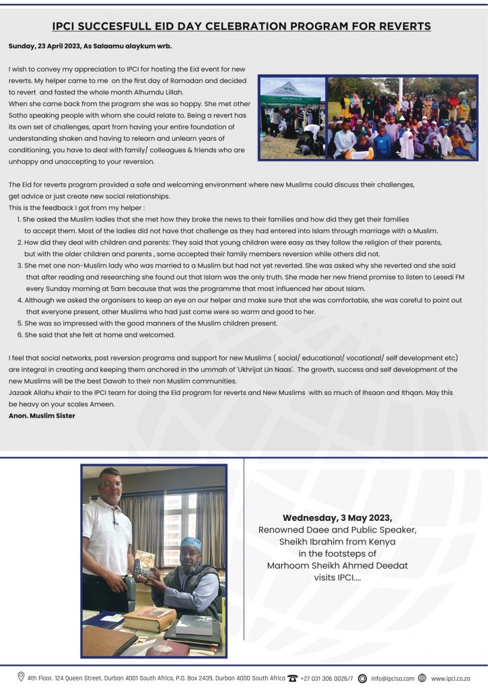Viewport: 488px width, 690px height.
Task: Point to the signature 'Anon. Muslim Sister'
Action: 42,416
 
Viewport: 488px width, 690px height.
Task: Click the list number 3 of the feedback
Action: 20,265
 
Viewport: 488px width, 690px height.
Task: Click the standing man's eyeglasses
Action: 112,483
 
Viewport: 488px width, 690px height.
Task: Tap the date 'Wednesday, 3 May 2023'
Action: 337,517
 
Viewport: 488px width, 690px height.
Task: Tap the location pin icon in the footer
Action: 22,677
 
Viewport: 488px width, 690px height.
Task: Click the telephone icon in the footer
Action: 292,678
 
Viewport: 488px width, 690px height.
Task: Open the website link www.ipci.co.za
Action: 450,679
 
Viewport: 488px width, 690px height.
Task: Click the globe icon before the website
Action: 422,678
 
